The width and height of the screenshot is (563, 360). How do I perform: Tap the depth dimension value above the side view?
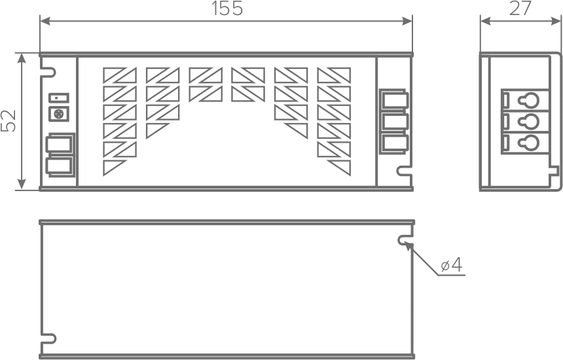point(520,7)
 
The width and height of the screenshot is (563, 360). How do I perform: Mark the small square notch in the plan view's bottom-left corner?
point(51,338)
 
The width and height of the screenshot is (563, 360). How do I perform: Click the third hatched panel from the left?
point(206,83)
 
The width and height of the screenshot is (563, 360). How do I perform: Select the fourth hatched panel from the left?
point(249,83)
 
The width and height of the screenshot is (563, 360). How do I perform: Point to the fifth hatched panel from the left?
point(291,98)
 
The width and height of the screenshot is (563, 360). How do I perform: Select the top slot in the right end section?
point(395,102)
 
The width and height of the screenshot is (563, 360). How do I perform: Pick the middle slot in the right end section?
point(395,123)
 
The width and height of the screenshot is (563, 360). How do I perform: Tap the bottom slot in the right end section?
point(395,144)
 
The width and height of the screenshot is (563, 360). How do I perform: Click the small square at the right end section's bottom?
point(400,170)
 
